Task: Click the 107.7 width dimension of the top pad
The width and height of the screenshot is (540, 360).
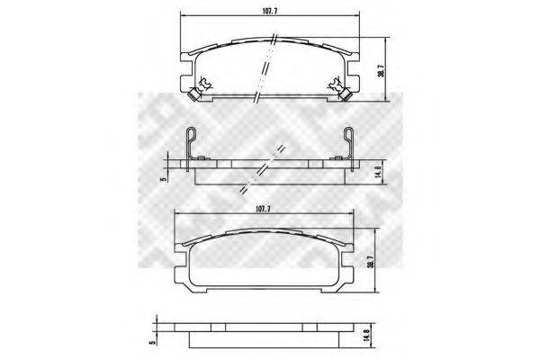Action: [270, 11]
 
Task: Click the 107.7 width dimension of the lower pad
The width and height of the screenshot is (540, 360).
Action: [263, 209]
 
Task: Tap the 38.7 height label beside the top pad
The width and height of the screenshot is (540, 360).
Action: [381, 69]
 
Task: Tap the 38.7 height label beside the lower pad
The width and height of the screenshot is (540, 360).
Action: [370, 260]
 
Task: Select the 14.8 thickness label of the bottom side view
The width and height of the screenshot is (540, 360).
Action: [367, 335]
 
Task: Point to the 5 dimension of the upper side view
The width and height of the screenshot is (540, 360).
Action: [164, 179]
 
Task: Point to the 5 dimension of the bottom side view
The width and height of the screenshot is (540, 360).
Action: [151, 342]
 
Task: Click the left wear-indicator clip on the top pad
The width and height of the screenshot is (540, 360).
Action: [205, 84]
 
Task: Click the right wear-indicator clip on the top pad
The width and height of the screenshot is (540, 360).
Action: [334, 84]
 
